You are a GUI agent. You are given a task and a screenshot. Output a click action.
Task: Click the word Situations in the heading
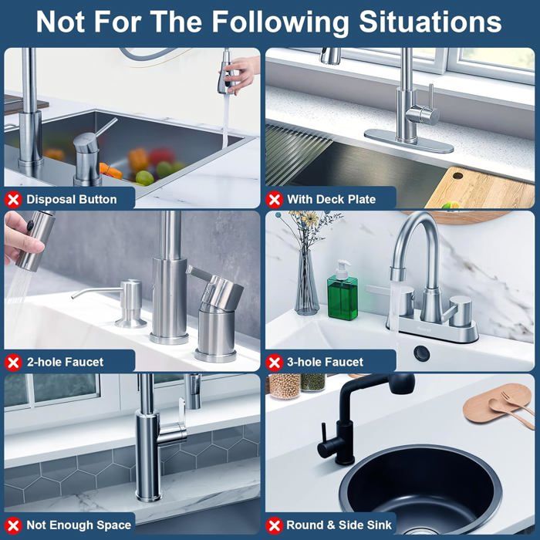pyautogui.click(x=430, y=22)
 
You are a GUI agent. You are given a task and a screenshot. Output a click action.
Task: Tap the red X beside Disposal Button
pyautogui.click(x=13, y=199)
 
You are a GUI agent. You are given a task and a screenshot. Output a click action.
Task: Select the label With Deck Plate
pyautogui.click(x=331, y=199)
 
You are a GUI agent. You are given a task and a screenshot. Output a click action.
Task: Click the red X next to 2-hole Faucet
pyautogui.click(x=13, y=363)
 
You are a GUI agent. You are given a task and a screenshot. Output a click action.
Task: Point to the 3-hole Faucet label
pyautogui.click(x=325, y=362)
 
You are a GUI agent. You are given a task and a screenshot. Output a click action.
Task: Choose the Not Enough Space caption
pyautogui.click(x=79, y=525)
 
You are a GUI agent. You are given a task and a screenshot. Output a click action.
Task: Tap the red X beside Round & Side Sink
pyautogui.click(x=274, y=525)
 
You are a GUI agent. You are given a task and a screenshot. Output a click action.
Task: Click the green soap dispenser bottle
pyautogui.click(x=343, y=292)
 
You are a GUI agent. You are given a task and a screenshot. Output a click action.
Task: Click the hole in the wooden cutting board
pyautogui.click(x=457, y=176)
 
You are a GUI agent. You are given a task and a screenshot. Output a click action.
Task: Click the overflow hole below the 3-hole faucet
pyautogui.click(x=422, y=353)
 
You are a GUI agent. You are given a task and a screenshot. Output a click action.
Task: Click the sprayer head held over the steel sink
pyautogui.click(x=226, y=73)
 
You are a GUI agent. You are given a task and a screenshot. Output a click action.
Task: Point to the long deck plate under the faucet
pyautogui.click(x=409, y=141)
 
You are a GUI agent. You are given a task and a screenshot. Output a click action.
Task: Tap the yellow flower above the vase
pyautogui.click(x=312, y=218)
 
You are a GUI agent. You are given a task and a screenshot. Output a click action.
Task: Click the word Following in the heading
pyautogui.click(x=280, y=22)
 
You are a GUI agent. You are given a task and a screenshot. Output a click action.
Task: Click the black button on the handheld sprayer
pyautogui.click(x=30, y=225)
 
